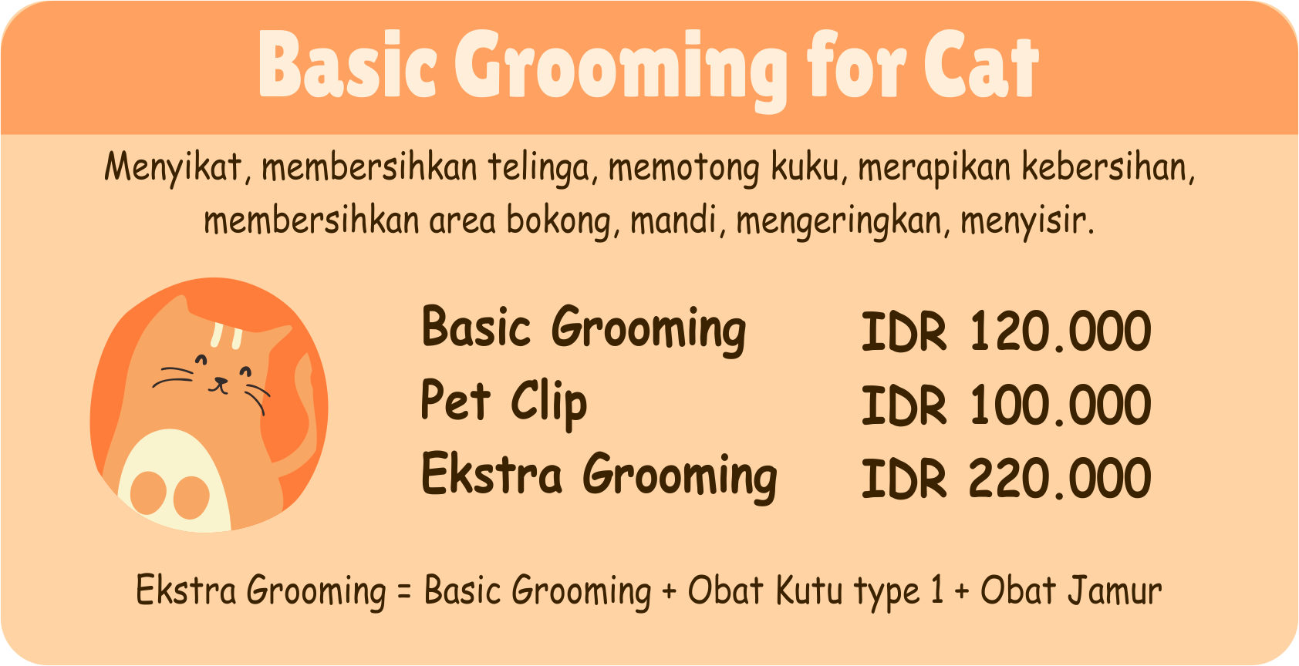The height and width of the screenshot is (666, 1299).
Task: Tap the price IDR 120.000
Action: (1006, 331)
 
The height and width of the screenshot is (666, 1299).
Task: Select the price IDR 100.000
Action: (1006, 405)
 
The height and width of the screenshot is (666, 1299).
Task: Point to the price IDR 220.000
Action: (1006, 479)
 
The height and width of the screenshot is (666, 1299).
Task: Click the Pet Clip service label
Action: (504, 402)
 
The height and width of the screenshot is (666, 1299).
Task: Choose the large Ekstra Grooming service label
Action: (599, 475)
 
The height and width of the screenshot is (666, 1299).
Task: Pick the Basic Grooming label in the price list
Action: (583, 328)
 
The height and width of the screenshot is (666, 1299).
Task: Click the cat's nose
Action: (221, 381)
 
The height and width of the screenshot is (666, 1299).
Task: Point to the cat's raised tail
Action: (305, 401)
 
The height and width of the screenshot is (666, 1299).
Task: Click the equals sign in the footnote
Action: (404, 592)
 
